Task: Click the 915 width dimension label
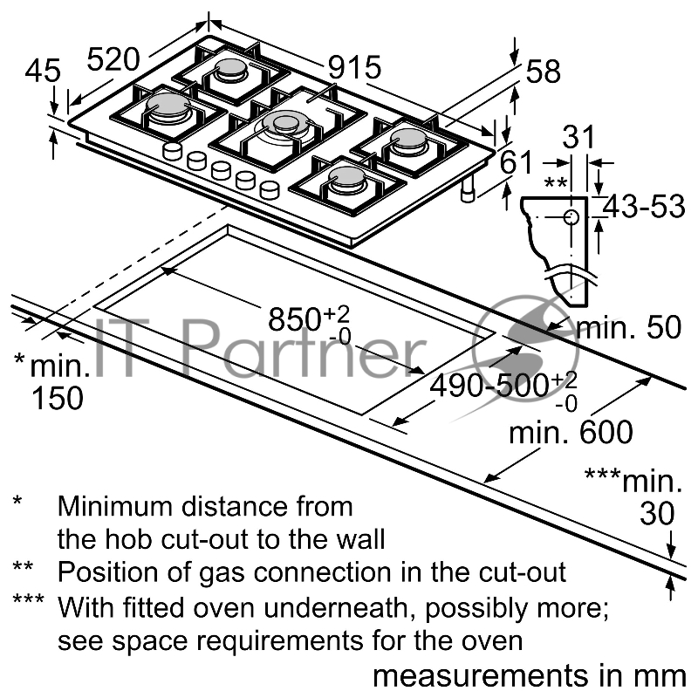point(355,67)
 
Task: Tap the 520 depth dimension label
point(113,59)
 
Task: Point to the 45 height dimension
point(43,71)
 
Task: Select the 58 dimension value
point(543,72)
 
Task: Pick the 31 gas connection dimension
point(578,137)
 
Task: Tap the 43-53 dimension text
point(644,206)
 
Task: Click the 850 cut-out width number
point(295,318)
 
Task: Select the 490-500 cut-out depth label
point(489,385)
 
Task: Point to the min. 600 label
point(571,431)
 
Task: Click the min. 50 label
point(628,327)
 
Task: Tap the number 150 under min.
point(58,398)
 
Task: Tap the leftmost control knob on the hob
point(172,151)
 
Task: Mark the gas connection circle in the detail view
point(571,217)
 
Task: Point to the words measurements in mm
point(530,675)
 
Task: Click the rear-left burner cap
point(231,67)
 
